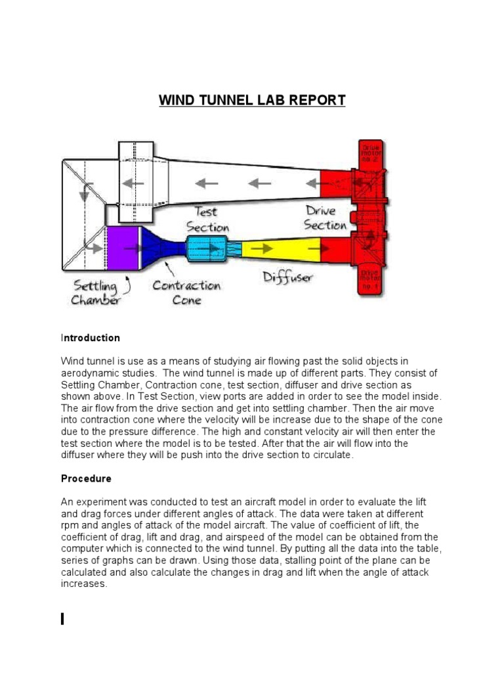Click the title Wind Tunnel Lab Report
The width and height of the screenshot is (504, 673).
click(x=252, y=101)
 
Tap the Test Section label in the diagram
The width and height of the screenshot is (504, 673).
click(x=207, y=219)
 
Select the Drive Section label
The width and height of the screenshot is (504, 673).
click(x=324, y=218)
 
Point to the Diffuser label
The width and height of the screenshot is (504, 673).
click(x=287, y=277)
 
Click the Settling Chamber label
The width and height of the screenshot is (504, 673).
click(x=96, y=293)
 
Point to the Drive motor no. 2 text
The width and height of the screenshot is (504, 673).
click(x=370, y=154)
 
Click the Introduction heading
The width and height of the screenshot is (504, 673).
click(x=91, y=338)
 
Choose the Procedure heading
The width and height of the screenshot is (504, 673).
click(x=86, y=478)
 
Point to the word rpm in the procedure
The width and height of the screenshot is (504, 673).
click(x=70, y=525)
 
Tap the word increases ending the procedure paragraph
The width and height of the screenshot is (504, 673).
click(x=84, y=584)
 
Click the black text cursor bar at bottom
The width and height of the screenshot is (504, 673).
click(x=62, y=618)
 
